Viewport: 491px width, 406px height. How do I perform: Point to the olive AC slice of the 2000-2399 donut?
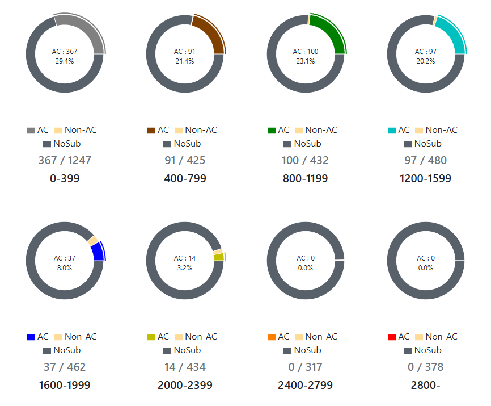(219, 257)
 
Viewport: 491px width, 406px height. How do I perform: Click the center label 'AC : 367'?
(65, 52)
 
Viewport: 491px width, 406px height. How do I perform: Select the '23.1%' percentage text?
(305, 61)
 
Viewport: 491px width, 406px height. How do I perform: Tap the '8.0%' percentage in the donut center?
(65, 267)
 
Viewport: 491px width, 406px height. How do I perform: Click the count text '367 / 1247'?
(65, 160)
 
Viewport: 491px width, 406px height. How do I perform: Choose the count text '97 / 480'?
(425, 160)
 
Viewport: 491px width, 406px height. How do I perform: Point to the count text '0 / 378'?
(425, 367)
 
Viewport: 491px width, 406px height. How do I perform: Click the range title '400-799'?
(185, 179)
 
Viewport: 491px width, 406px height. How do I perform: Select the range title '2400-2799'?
(305, 386)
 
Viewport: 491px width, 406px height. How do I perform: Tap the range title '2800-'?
(425, 386)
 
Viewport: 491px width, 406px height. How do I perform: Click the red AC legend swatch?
(391, 337)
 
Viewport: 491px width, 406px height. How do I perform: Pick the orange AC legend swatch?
(271, 337)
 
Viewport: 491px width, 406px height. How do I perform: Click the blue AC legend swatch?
(31, 337)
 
